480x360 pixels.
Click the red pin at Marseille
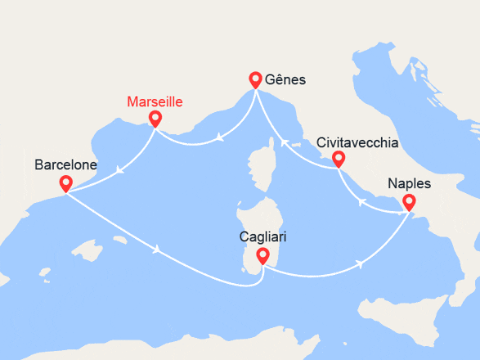pos(154,119)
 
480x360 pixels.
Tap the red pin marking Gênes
pos(255,79)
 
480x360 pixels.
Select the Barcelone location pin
pos(65,184)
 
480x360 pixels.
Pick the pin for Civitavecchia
pos(337,159)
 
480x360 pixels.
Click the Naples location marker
pos(408,202)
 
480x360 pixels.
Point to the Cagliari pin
pos(262,257)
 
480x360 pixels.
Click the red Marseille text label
pos(155,102)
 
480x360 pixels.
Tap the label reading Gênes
pos(287,80)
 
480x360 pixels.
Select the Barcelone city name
pos(65,165)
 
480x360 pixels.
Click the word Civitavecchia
pos(357,142)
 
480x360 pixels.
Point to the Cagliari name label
pos(262,237)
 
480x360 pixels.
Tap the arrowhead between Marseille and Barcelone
pos(119,171)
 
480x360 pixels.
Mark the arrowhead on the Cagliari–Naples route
pos(361,264)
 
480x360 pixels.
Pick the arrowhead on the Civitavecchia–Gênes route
pos(285,142)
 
